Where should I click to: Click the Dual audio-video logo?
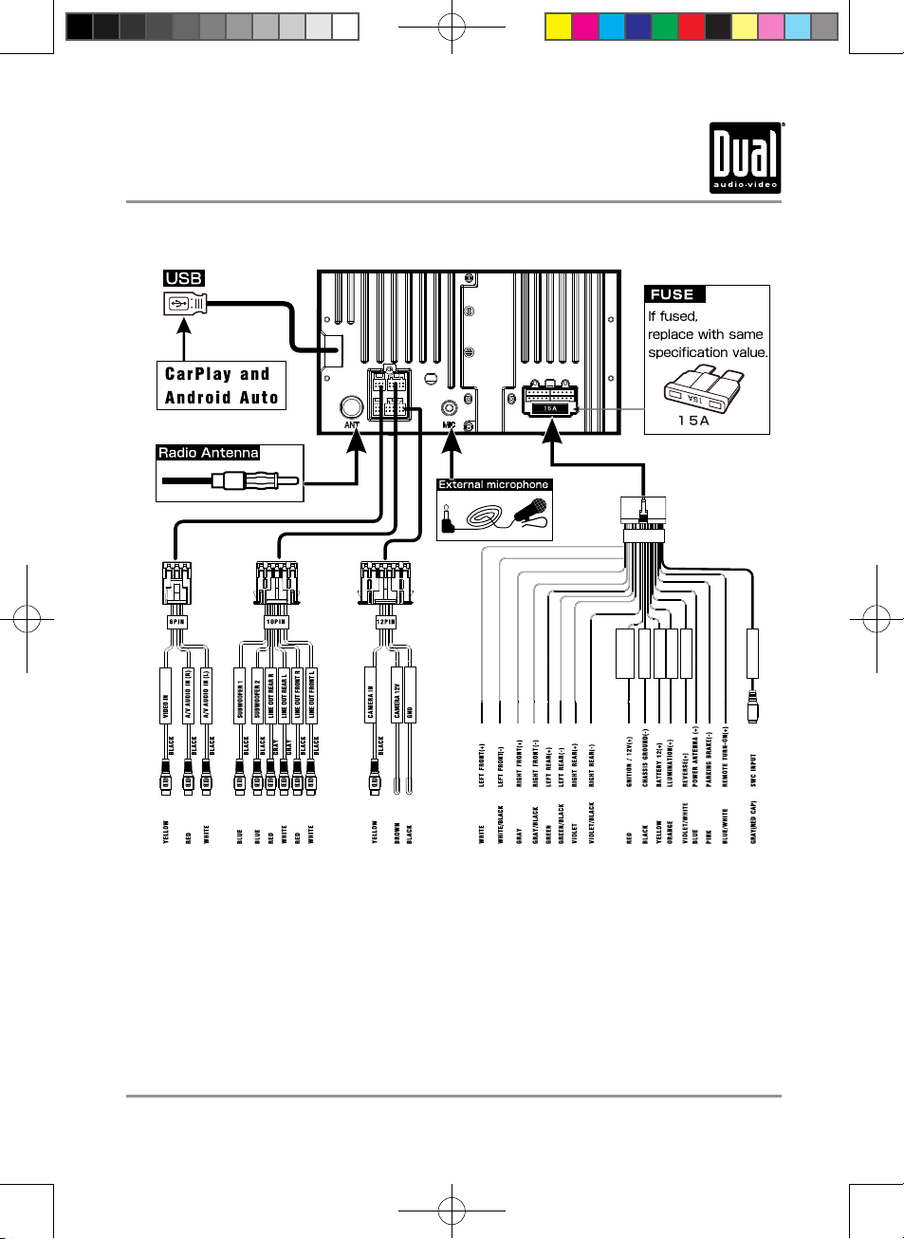746,158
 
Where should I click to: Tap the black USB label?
184,278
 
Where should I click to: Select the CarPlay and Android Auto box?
221,385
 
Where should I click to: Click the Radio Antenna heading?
208,453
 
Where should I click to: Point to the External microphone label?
493,484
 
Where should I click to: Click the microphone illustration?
530,513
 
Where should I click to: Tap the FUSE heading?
673,294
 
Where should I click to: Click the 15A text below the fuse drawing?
693,421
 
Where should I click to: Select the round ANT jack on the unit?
352,407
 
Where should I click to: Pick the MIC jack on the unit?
450,409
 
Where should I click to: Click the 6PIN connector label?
176,622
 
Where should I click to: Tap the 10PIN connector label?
276,622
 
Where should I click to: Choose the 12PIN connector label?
385,622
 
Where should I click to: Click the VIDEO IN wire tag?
166,709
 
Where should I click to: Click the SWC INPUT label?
754,771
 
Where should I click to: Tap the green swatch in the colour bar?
664,27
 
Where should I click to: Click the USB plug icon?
184,304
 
